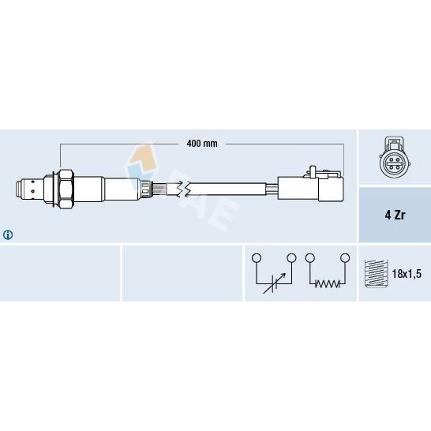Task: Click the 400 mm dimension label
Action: (x=202, y=144)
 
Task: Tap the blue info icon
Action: (x=8, y=234)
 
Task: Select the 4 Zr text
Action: (x=395, y=215)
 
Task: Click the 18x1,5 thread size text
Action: (x=407, y=274)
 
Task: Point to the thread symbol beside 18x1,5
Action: (x=376, y=273)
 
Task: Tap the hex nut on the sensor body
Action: (x=66, y=189)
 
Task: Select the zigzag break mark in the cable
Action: (x=183, y=189)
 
